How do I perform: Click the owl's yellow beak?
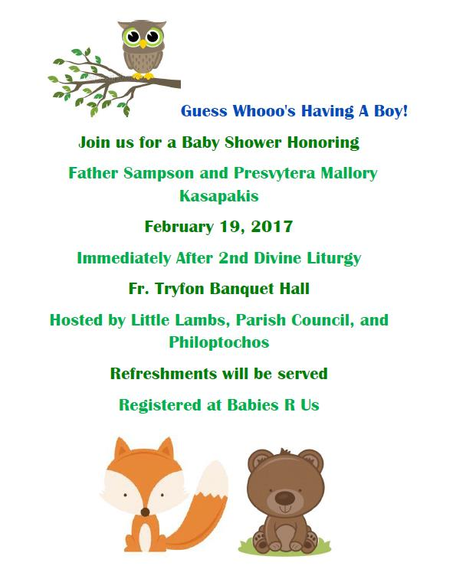coord(143,44)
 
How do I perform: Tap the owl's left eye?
coord(132,37)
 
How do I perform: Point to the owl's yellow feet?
coord(143,76)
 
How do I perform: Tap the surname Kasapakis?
coord(218,196)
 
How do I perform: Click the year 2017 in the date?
coord(271,227)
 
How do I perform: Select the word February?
coord(179,227)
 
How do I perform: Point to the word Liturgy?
coord(333,258)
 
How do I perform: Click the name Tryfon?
coord(180,289)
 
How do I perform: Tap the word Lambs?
coord(202,320)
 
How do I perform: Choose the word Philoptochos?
coord(218,342)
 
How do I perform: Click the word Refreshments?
coord(163,373)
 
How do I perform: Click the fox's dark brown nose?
coord(145,512)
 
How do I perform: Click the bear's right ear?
coord(313,460)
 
